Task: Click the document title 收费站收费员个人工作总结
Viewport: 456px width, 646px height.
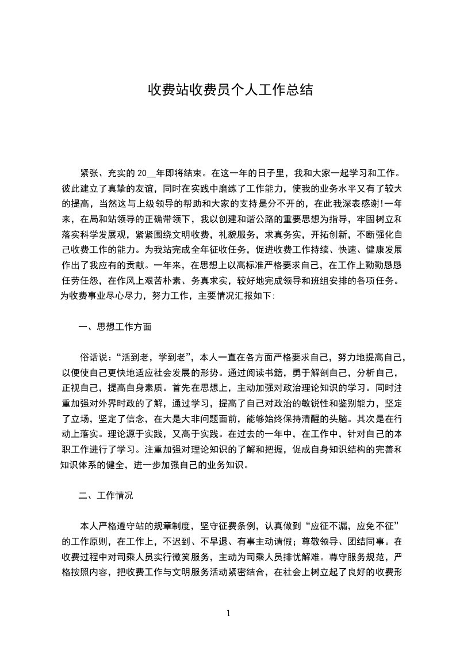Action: (x=230, y=90)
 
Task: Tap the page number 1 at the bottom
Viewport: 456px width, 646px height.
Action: (x=228, y=613)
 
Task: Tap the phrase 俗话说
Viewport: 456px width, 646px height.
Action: (x=94, y=357)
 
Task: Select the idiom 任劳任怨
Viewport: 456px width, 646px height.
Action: (x=80, y=281)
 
